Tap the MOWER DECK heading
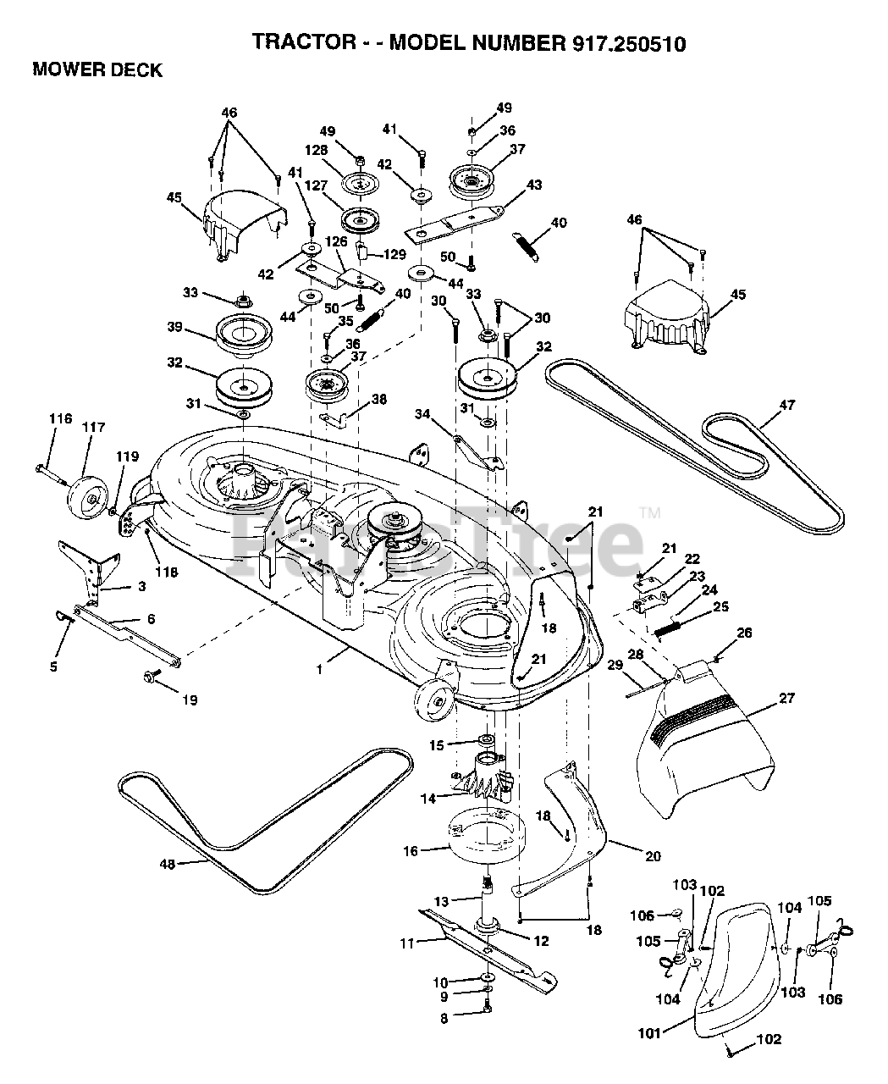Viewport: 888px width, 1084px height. tap(97, 70)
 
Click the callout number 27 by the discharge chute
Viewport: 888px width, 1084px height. tap(786, 698)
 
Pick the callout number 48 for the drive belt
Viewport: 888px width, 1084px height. tap(168, 865)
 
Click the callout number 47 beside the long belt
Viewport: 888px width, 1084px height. tap(787, 405)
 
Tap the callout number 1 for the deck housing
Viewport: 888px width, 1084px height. tap(319, 670)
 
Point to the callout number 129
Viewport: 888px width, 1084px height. tap(394, 254)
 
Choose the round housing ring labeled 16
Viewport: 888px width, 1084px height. tap(487, 838)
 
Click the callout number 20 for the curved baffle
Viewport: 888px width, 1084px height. tap(653, 856)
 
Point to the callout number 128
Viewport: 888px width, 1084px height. tap(316, 150)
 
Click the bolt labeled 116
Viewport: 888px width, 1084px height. tap(52, 475)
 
